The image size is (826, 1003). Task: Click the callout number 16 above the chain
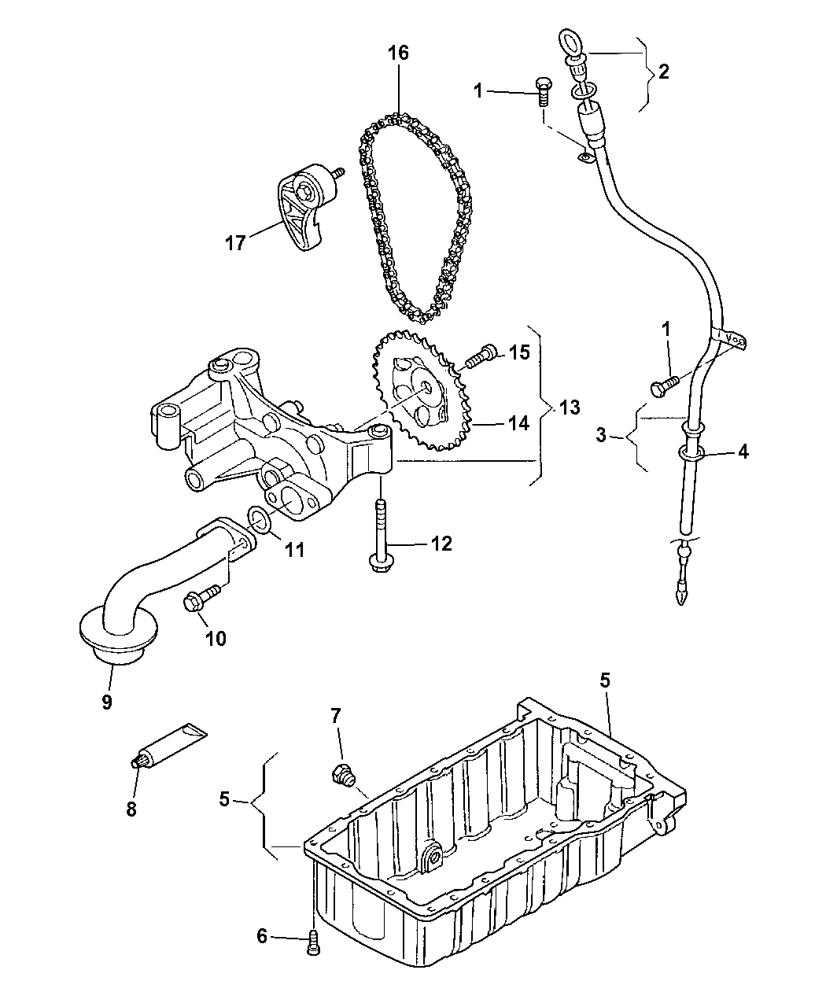pos(399,53)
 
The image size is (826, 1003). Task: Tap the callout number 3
pos(600,434)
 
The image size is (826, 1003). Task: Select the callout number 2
pos(663,72)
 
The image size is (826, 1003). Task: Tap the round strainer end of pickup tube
pos(119,634)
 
